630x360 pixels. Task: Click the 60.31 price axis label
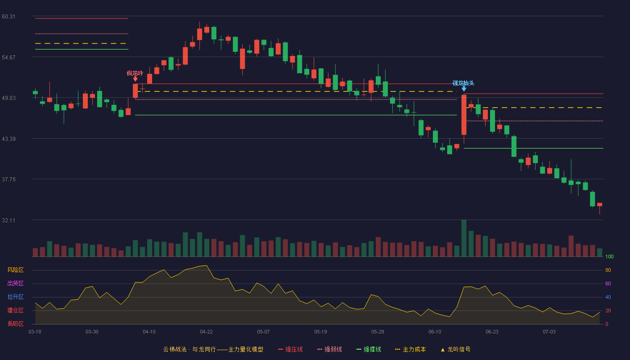[9, 17]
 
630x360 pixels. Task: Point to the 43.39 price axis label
[9, 139]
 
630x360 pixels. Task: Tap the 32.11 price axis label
[9, 220]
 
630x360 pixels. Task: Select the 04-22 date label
[206, 332]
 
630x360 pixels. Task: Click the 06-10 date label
[435, 332]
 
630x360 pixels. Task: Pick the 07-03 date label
[549, 332]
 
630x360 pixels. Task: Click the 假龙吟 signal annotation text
[135, 73]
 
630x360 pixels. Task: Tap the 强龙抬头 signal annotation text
[463, 83]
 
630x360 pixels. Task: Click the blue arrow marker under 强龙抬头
[464, 89]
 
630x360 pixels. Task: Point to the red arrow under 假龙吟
[135, 79]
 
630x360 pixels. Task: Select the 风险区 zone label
[15, 270]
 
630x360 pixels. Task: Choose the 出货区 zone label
[15, 283]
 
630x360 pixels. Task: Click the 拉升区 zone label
[15, 297]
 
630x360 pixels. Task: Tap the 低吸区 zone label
[15, 324]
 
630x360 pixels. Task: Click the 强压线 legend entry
[290, 349]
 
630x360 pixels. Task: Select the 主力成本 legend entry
[410, 349]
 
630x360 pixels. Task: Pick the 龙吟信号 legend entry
[455, 349]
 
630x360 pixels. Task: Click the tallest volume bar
[464, 238]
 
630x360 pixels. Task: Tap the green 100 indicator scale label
[609, 256]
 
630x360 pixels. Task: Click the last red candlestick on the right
[599, 205]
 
